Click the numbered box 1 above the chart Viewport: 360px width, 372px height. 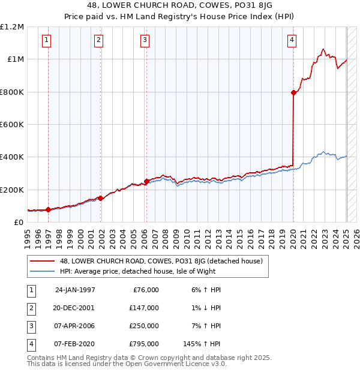[47, 40]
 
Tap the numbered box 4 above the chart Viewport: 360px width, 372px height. [292, 40]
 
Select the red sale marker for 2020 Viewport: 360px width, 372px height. [293, 92]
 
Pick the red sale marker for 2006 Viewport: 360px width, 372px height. [146, 181]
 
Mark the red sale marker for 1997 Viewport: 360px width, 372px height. [48, 209]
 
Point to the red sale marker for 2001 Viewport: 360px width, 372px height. [101, 198]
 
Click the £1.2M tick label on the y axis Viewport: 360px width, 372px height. [12, 27]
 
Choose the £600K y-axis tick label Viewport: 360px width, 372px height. [12, 125]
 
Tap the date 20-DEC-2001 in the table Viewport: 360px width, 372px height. [74, 308]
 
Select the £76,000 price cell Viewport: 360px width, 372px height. [145, 290]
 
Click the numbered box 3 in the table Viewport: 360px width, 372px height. [30, 326]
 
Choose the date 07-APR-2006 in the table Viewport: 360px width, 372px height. [74, 326]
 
